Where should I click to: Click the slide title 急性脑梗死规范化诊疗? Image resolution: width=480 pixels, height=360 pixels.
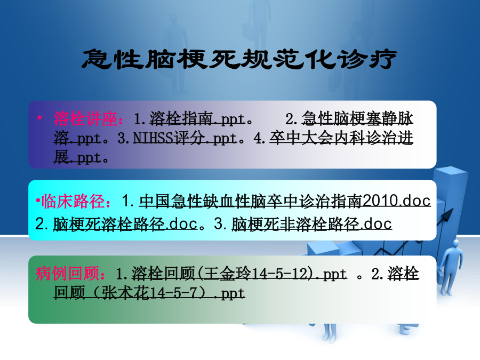(x=239, y=59)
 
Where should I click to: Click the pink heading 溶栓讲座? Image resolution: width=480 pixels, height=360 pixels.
(x=85, y=119)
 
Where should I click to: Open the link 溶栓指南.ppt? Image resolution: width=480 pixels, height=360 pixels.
(x=198, y=119)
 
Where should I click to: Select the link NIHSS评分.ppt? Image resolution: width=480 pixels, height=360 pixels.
(x=185, y=138)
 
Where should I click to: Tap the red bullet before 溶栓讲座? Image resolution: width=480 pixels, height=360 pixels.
(x=39, y=117)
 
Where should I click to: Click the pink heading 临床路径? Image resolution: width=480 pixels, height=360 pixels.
(x=73, y=202)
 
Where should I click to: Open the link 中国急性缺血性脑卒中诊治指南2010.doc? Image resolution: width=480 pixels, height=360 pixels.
(x=285, y=201)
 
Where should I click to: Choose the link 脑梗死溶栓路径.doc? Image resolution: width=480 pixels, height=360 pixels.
(x=125, y=224)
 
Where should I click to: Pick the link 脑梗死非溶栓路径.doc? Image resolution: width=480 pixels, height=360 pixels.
(x=311, y=224)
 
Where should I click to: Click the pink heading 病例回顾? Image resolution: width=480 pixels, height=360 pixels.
(x=67, y=273)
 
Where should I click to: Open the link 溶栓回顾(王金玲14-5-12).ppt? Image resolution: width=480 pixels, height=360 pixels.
(x=239, y=274)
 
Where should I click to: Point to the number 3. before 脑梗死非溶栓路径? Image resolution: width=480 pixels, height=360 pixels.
(x=220, y=224)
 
